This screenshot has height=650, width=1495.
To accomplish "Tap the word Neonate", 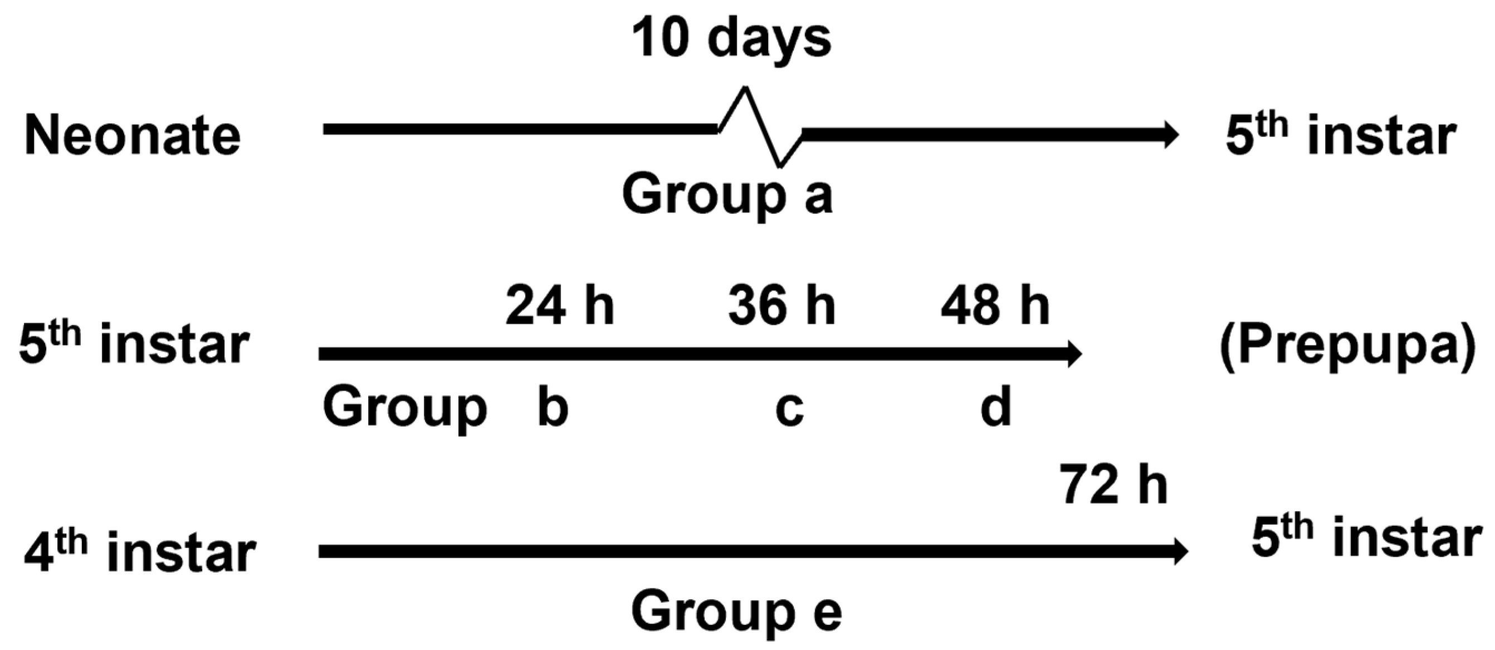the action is click(133, 137).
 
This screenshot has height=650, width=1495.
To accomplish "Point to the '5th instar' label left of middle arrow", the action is click(135, 346).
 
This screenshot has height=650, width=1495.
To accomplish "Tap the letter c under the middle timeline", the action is click(789, 410).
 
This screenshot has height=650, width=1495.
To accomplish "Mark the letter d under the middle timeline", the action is click(995, 406).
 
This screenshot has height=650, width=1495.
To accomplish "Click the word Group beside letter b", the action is click(404, 409).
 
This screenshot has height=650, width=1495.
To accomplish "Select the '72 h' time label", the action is click(1113, 486).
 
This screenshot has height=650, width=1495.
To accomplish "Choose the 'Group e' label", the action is click(737, 613).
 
